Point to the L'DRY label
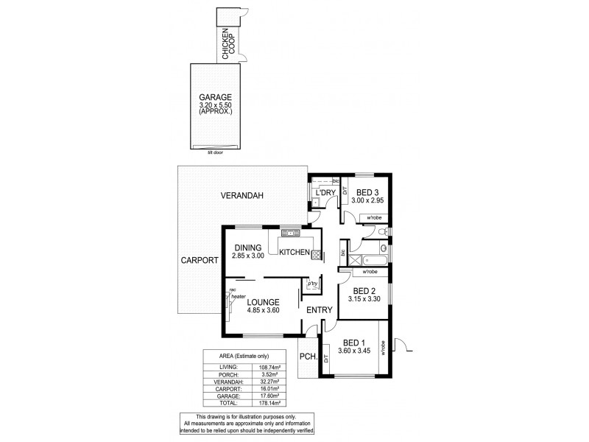click(x=325, y=193)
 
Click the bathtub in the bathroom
click(x=374, y=260)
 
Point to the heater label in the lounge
click(x=239, y=296)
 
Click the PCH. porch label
click(x=308, y=357)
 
